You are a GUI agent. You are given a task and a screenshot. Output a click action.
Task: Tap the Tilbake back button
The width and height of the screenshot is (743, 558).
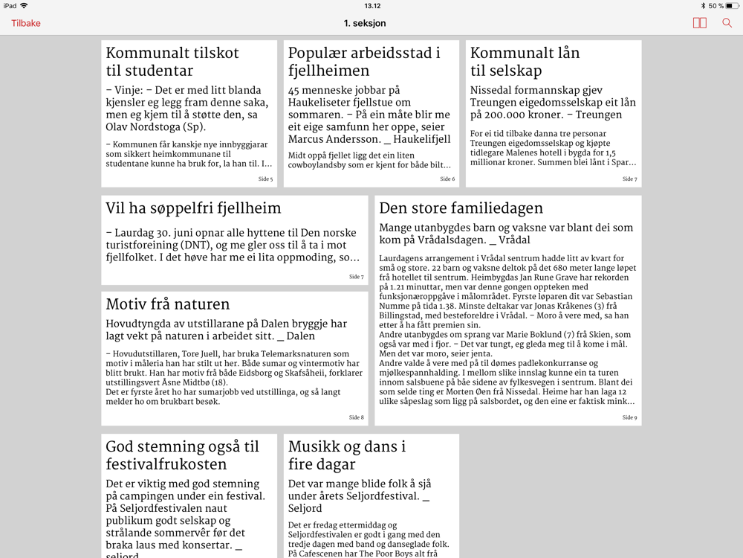click(x=26, y=23)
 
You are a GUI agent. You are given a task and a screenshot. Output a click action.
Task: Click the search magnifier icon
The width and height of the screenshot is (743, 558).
click(x=727, y=23)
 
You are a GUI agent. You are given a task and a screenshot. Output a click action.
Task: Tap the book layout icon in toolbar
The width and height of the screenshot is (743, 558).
click(x=699, y=23)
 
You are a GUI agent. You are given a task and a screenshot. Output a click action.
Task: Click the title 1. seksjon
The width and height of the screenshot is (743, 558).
click(x=365, y=23)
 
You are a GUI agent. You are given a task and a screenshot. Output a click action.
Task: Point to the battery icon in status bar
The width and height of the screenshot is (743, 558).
click(x=732, y=6)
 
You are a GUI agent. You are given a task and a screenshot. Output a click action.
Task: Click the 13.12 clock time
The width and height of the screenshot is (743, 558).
click(x=372, y=6)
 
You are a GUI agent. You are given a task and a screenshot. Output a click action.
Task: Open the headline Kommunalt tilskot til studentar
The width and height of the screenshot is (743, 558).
click(x=172, y=62)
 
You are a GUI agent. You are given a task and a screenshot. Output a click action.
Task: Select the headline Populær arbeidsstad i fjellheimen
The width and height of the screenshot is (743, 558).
click(x=364, y=62)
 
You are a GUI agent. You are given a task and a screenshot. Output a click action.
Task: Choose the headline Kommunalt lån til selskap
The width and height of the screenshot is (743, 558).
click(x=525, y=62)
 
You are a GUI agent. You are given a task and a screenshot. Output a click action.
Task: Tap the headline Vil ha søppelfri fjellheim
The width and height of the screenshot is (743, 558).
click(x=193, y=208)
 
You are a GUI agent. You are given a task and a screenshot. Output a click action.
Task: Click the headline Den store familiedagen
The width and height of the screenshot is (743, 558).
click(x=461, y=208)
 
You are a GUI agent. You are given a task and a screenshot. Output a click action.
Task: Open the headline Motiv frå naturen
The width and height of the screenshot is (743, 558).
click(x=167, y=304)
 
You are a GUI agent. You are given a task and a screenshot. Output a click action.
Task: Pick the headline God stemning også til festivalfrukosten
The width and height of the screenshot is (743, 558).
click(x=182, y=455)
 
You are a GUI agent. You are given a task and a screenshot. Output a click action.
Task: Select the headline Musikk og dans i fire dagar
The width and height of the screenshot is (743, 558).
click(x=347, y=455)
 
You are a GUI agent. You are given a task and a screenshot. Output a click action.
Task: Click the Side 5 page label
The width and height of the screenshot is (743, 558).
click(x=265, y=179)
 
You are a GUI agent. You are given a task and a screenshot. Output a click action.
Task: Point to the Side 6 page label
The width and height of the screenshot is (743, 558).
click(x=447, y=179)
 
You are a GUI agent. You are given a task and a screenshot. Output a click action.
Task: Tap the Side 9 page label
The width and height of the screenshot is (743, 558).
click(x=629, y=417)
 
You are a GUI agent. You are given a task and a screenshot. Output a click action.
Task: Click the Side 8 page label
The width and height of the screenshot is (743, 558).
click(x=356, y=417)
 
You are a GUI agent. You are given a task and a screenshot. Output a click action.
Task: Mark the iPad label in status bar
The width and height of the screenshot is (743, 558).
click(x=10, y=6)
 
